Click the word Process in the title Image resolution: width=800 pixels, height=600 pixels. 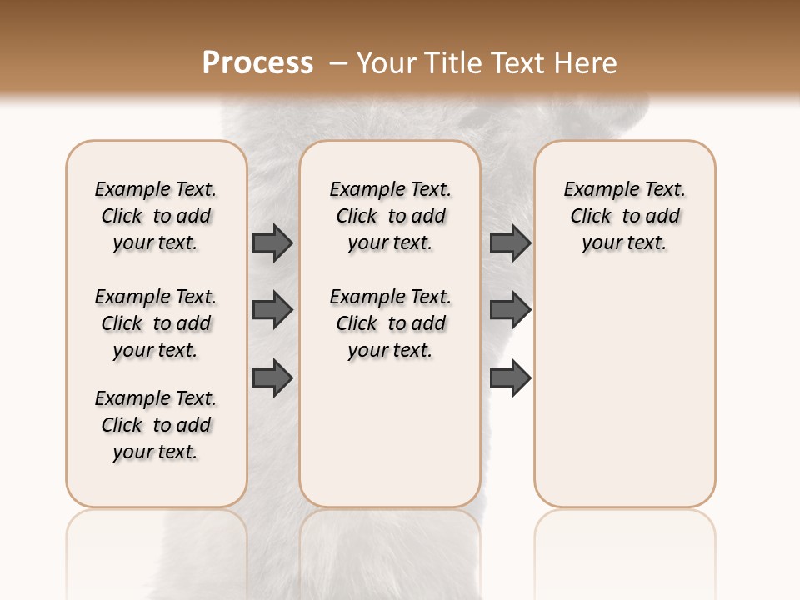pos(257,62)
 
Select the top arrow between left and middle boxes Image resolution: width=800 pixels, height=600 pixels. pos(272,242)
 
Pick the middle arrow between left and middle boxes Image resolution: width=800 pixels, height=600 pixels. pos(272,310)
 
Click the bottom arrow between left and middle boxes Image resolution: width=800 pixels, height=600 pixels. pos(272,377)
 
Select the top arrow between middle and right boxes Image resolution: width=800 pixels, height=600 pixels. pos(510,242)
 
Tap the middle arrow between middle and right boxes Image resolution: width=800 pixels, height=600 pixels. pos(510,310)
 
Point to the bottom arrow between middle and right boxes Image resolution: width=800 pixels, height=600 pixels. pos(510,377)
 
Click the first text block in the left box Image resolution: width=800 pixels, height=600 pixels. pos(156,216)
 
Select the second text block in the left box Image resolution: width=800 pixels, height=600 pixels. pos(156,323)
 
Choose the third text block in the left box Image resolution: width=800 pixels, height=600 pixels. pos(156,425)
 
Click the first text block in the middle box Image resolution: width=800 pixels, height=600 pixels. pos(390,216)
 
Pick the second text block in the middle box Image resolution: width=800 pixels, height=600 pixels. pos(390,323)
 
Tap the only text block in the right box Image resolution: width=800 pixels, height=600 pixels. pos(624,216)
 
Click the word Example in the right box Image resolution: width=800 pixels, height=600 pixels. pos(594,190)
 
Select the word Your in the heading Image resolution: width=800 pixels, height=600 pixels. pos(387,62)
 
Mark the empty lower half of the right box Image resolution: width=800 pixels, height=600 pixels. pos(624,400)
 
